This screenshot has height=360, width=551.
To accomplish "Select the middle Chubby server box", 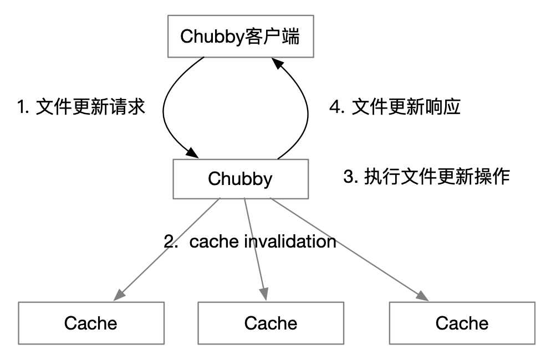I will point(240,179).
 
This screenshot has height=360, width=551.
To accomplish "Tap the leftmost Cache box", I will point(91,323).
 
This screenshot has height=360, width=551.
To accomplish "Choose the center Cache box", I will point(271,323).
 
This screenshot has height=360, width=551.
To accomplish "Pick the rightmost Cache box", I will point(462,323).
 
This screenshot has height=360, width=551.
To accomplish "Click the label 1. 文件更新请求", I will point(81,107).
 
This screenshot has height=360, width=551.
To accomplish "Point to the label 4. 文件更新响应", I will point(395,107).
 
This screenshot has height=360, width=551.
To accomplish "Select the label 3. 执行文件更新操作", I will point(426,177).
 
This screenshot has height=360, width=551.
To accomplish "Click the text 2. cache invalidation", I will point(250,241).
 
